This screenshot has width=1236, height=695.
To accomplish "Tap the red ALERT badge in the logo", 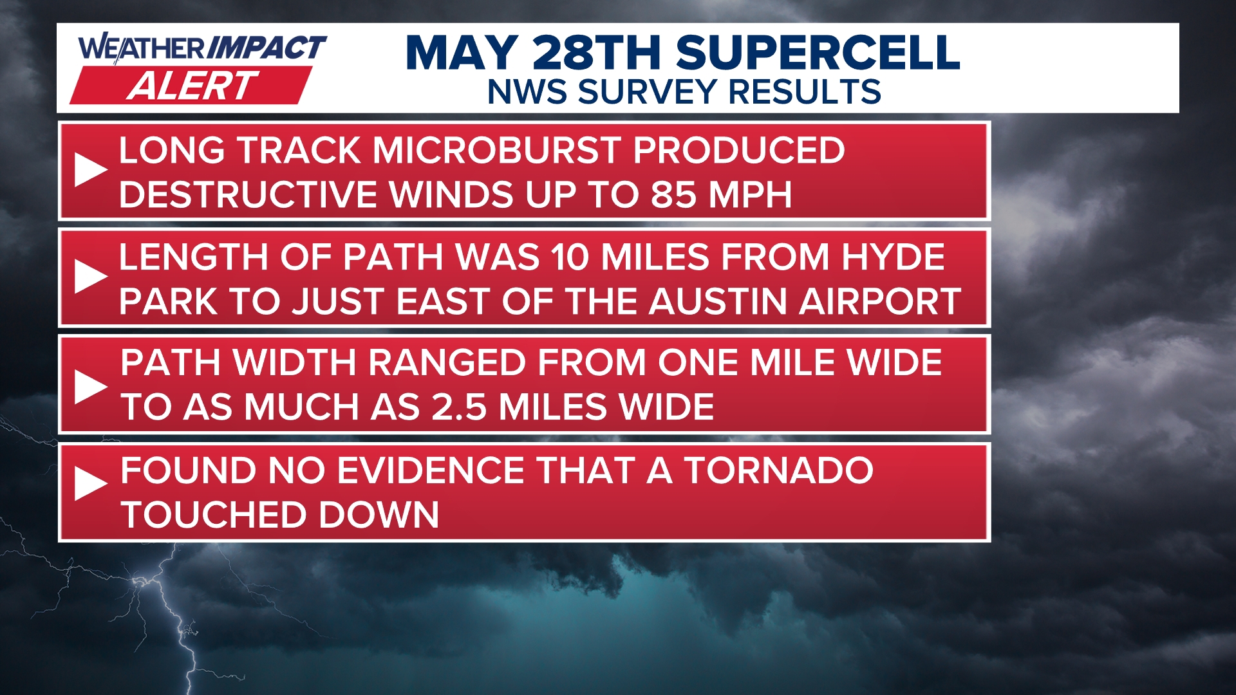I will pyautogui.click(x=191, y=86).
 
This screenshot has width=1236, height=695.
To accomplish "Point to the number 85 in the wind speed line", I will pyautogui.click(x=674, y=194).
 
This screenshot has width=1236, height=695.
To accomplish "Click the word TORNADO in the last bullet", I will pyautogui.click(x=778, y=470).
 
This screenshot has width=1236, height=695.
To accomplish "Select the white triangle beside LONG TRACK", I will pyautogui.click(x=90, y=170).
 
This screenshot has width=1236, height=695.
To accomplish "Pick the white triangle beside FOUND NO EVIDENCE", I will pyautogui.click(x=90, y=483).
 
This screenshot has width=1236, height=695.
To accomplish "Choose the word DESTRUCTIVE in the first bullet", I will pyautogui.click(x=248, y=194).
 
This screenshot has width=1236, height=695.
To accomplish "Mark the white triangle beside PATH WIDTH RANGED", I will pyautogui.click(x=90, y=386).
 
